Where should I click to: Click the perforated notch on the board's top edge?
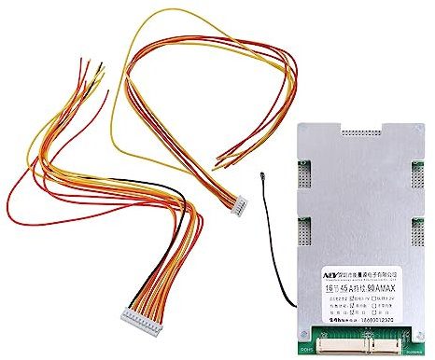(x=354, y=127)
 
